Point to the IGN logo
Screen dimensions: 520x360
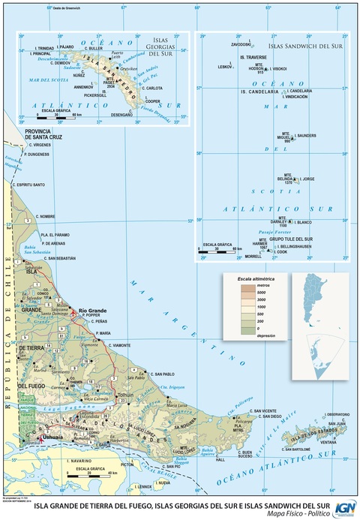346,508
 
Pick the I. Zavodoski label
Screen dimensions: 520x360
241,44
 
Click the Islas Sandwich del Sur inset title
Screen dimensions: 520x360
304,47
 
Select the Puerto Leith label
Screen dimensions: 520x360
116,55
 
